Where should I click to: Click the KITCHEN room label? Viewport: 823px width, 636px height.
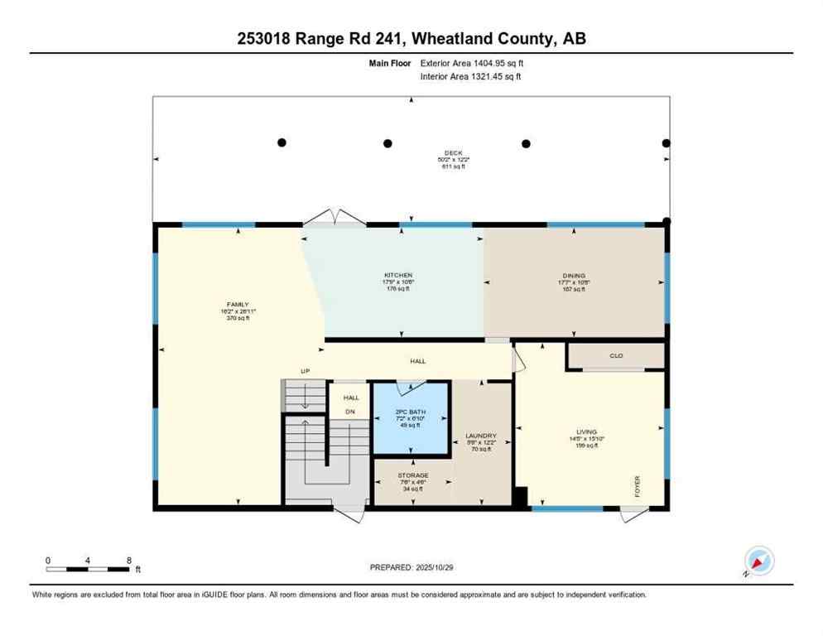click(x=397, y=275)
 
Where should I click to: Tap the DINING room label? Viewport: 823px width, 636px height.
click(x=574, y=275)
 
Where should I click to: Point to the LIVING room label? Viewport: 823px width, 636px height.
click(x=587, y=431)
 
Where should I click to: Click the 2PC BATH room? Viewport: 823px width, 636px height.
click(x=411, y=418)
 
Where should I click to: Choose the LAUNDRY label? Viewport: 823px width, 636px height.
click(x=480, y=436)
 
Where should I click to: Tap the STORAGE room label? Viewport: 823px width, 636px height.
click(x=412, y=475)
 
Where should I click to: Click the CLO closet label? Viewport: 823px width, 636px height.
click(x=616, y=356)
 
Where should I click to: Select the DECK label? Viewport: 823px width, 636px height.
click(x=452, y=152)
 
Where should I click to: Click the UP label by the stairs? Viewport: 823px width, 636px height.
click(x=305, y=371)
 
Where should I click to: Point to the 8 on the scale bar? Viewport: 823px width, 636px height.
click(x=129, y=560)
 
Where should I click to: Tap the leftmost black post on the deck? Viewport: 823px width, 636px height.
click(x=282, y=143)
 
